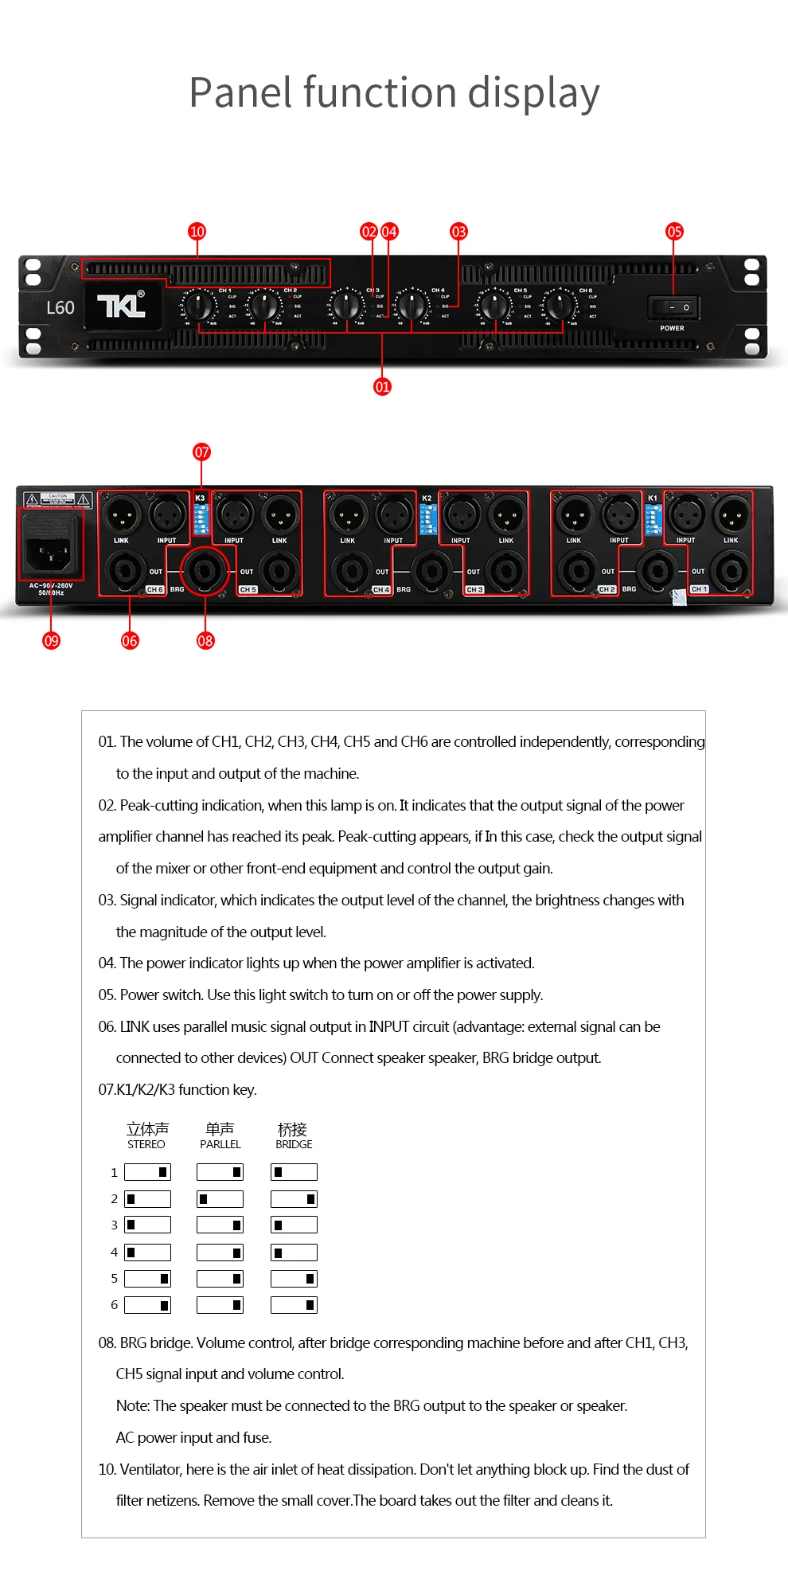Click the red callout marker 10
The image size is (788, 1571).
[x=197, y=232]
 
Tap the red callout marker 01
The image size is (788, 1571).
[x=382, y=387]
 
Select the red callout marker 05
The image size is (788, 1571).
[x=674, y=232]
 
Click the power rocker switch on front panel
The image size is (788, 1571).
[x=673, y=307]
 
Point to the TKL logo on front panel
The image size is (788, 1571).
[x=121, y=306]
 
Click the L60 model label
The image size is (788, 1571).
[x=60, y=308]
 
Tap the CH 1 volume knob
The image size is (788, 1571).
[x=199, y=305]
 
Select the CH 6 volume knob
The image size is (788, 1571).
[x=560, y=305]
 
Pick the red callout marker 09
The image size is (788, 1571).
[x=51, y=641]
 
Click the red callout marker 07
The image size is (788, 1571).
[x=201, y=452]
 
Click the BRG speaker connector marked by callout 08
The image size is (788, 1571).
[x=205, y=570]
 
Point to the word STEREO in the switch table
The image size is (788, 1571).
[x=146, y=1145]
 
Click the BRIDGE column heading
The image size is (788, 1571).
[x=294, y=1145]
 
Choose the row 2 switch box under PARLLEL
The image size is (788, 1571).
[x=220, y=1199]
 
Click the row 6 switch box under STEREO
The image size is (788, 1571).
[x=147, y=1305]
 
